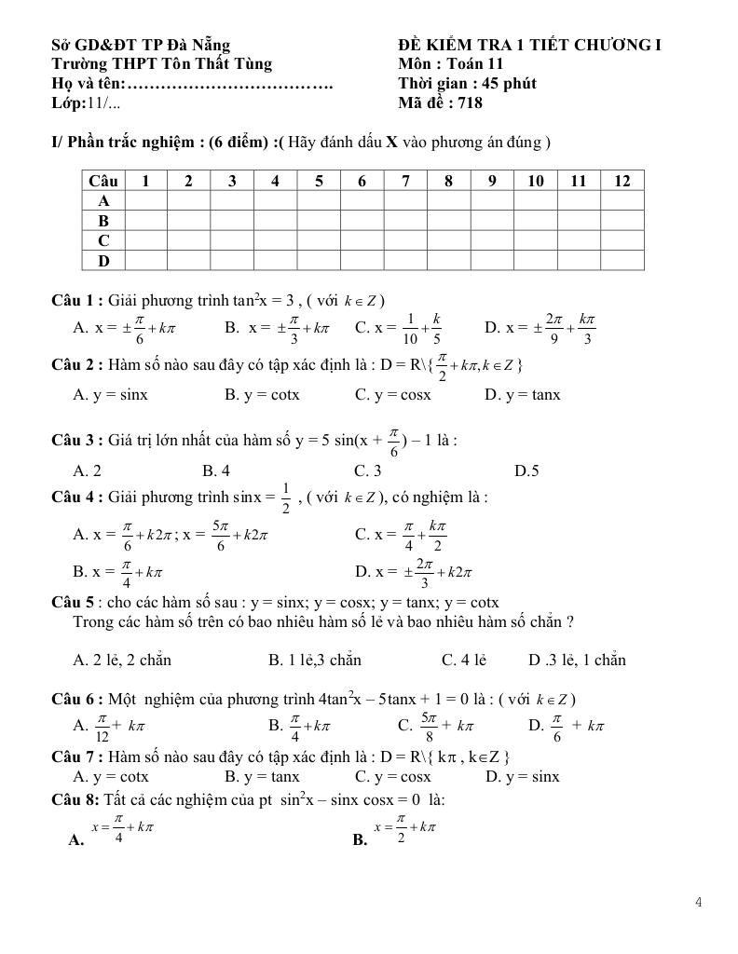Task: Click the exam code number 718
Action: [470, 103]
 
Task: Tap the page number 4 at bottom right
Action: [698, 901]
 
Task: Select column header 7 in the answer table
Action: [405, 181]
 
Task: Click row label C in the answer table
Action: [103, 241]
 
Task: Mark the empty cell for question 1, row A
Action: [145, 201]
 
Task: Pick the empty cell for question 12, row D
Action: [622, 261]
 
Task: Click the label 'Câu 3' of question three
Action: [75, 440]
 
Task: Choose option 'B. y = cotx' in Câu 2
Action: [262, 394]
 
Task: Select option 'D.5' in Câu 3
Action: [526, 470]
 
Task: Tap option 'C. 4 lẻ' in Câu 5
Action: [464, 660]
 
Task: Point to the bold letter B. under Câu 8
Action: [360, 839]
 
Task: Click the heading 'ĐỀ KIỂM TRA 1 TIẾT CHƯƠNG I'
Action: [529, 45]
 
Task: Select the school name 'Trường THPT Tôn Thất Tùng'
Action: [162, 64]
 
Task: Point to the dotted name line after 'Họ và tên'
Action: [230, 85]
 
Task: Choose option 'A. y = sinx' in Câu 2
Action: [110, 394]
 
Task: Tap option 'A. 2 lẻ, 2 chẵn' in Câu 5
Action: [122, 660]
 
